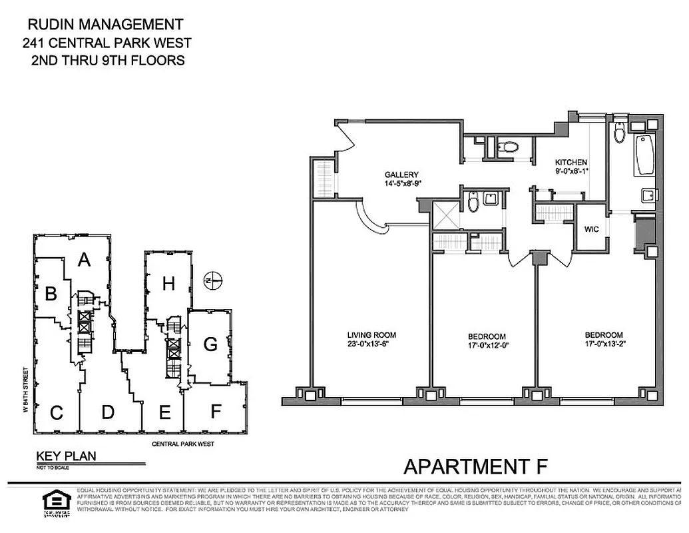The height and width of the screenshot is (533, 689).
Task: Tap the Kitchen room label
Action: point(571,162)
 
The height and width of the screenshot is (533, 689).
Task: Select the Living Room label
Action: point(371,335)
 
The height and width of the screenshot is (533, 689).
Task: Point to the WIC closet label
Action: point(591,229)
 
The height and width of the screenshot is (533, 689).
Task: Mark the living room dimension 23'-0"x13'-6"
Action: point(371,344)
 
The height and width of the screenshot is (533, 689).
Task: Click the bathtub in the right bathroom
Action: point(644,155)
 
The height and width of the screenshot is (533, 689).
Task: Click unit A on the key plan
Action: point(83,260)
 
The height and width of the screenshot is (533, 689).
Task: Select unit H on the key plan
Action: point(168,284)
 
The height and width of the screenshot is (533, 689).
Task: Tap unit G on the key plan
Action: point(210,344)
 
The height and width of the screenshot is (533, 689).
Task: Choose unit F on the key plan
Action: point(215,411)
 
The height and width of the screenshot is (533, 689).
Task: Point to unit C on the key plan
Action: point(56,413)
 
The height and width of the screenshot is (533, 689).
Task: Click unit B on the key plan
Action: point(50,293)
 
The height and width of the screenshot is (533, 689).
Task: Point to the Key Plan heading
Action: point(66,456)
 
